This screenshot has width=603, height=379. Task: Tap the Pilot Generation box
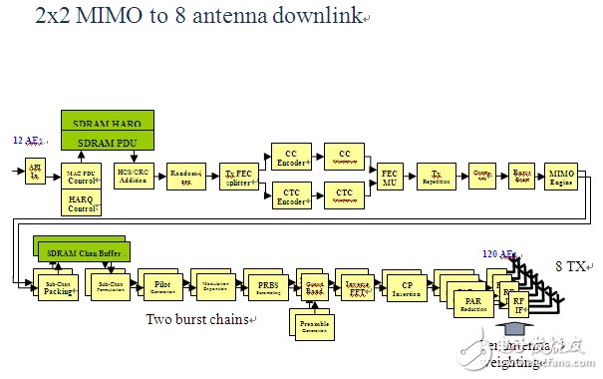[x=161, y=284]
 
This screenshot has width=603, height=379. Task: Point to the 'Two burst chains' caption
[x=199, y=320]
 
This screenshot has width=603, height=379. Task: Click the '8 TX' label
[x=572, y=266]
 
